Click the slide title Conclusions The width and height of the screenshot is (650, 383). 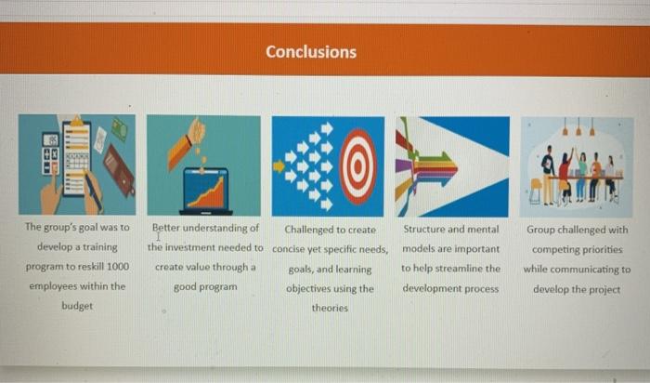310,52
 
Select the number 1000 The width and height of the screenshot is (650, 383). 116,268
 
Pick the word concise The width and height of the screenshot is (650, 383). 291,248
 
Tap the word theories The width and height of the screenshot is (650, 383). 330,308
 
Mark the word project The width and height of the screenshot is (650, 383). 604,288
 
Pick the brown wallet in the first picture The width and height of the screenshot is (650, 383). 118,168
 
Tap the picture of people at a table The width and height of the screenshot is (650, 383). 577,167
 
